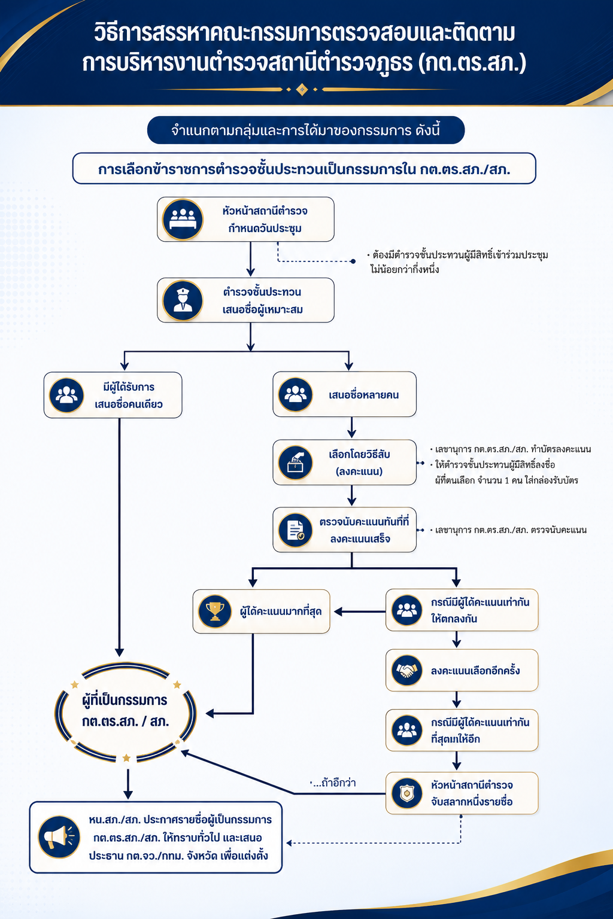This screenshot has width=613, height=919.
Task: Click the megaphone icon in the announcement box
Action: (59, 837)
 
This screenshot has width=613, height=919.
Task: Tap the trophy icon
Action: (215, 611)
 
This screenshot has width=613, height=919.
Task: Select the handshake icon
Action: (406, 670)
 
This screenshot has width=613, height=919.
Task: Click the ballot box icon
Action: (295, 462)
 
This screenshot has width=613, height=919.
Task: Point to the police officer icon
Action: (183, 300)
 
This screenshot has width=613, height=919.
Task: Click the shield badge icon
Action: (406, 793)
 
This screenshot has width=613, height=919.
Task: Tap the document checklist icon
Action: (295, 530)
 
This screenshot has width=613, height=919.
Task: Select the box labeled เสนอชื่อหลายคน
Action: (344, 394)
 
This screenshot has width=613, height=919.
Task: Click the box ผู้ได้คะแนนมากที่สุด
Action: (262, 611)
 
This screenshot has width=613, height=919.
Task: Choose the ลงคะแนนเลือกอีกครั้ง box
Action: (462, 670)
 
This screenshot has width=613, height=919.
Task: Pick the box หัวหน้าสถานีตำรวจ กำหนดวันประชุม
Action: (245, 219)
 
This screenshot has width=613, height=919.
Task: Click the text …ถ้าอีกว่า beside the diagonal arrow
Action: (333, 783)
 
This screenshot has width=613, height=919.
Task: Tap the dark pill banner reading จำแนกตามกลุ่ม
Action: (306, 130)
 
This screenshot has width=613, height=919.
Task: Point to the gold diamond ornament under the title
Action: (302, 89)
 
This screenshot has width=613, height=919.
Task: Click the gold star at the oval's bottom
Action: (126, 758)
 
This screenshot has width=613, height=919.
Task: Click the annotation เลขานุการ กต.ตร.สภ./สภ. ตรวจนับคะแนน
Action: (508, 530)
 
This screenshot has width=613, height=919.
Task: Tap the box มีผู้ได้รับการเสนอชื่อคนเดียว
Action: (113, 395)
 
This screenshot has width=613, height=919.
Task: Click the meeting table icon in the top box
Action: (183, 219)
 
